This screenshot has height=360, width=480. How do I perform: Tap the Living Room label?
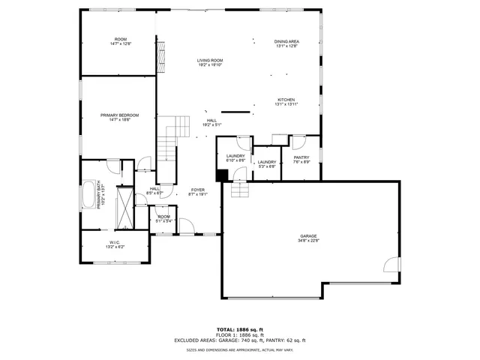[210, 62]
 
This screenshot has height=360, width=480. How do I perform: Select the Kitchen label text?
[286, 102]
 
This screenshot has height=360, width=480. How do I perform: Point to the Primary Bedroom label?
[120, 117]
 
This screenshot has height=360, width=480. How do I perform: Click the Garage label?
[309, 239]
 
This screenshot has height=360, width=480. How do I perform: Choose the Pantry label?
[301, 160]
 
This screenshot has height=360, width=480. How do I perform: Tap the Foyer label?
[197, 191]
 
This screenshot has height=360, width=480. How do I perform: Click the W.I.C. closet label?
[115, 244]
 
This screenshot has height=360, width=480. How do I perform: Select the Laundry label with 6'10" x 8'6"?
[235, 157]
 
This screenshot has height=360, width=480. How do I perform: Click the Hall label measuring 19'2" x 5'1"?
[212, 122]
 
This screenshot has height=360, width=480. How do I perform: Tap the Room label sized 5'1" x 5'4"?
[163, 219]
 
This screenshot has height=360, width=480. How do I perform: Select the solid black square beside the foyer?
[222, 175]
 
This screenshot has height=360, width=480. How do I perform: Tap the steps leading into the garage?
[240, 191]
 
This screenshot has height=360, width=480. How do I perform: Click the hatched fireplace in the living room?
[159, 53]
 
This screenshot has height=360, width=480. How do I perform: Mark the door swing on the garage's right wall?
[391, 263]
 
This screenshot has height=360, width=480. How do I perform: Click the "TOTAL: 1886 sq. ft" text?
[240, 329]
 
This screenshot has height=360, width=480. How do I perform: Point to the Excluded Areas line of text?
[240, 340]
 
